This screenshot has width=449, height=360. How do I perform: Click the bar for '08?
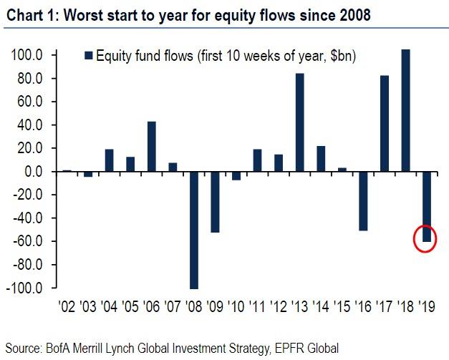193,230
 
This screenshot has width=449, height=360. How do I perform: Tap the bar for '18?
405,111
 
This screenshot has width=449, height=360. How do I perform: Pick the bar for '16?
363,201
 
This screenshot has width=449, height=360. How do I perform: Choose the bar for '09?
214,202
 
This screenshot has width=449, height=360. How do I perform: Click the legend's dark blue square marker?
90,56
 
